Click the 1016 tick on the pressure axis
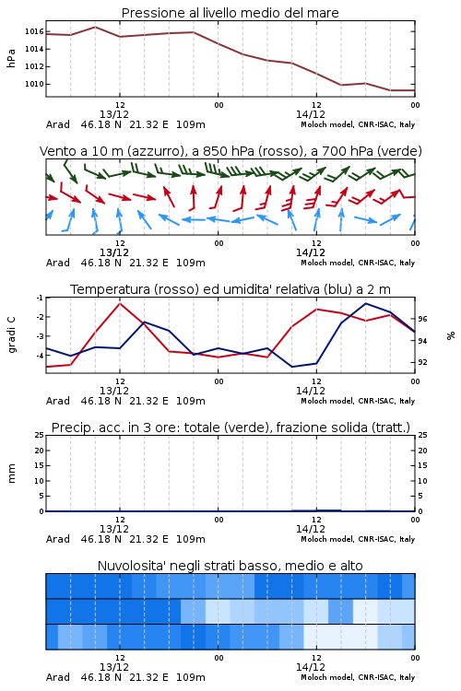pos(34,31)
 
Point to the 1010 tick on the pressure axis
pos(34,84)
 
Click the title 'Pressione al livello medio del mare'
pos(230,13)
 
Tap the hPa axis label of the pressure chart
pos(11,58)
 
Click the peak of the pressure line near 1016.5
pos(95,27)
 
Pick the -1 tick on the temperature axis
pos(40,298)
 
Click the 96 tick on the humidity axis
pos(422,319)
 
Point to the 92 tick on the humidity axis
pos(422,362)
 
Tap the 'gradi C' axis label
pos(11,335)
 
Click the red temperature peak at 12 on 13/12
pos(120,303)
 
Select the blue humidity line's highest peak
pos(366,303)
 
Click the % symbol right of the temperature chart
pos(451,335)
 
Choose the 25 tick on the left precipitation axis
pos(40,435)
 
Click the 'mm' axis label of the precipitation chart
pos(11,474)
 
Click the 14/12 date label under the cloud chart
pos(311,667)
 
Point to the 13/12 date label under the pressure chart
pos(114,114)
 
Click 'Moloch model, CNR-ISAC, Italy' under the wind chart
pos(358,263)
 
